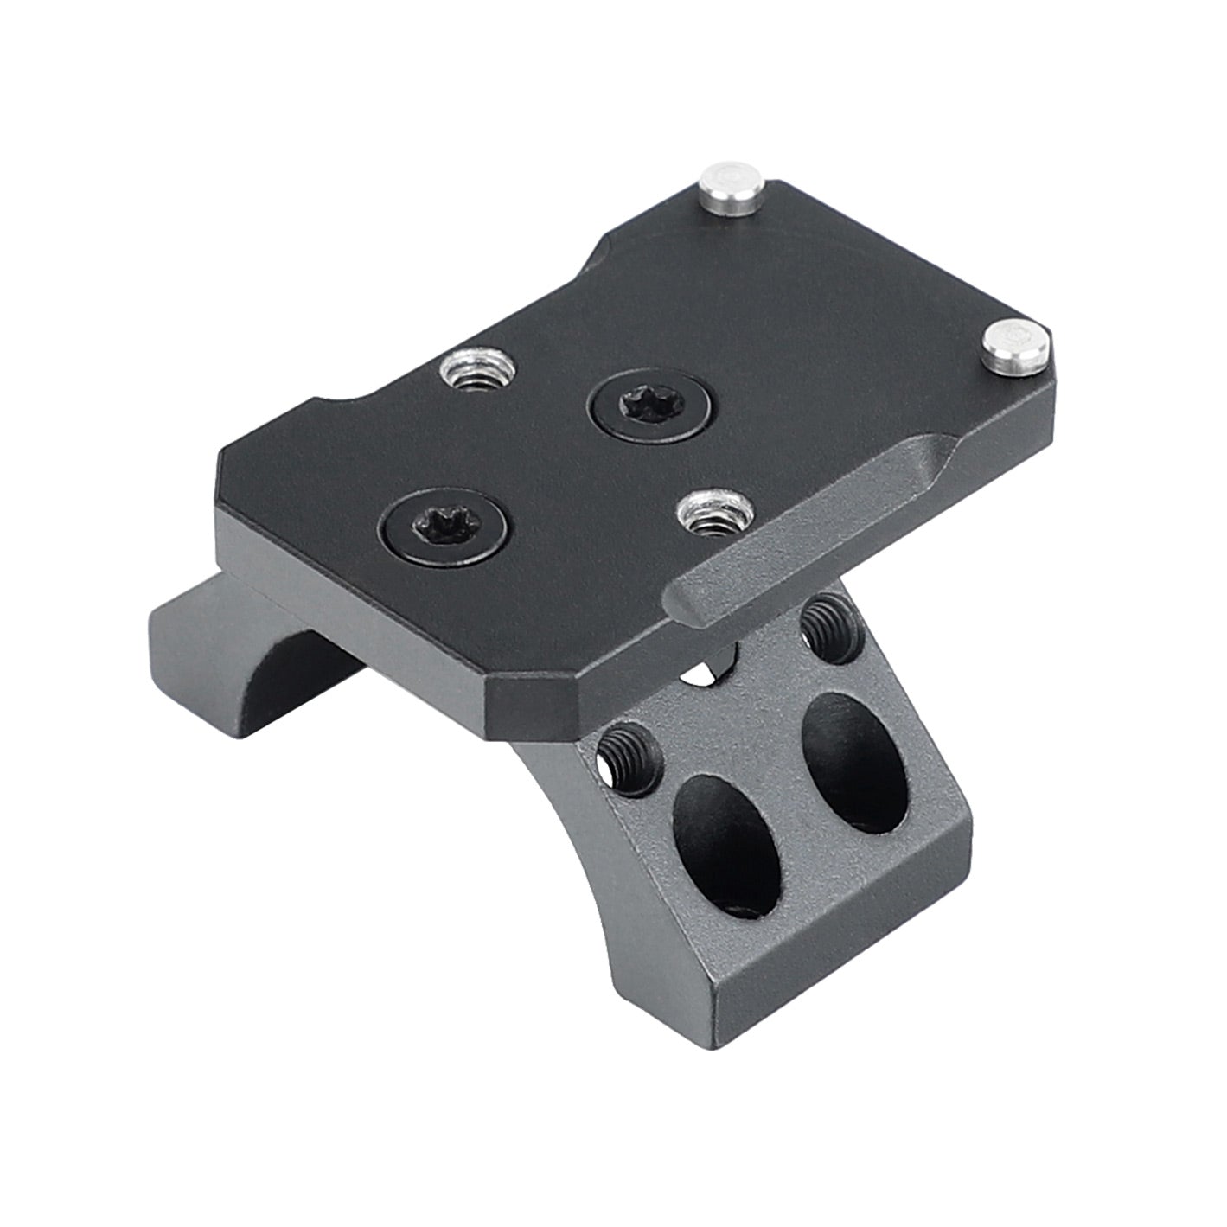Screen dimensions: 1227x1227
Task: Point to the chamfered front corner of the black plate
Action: pyautogui.click(x=502, y=705)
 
